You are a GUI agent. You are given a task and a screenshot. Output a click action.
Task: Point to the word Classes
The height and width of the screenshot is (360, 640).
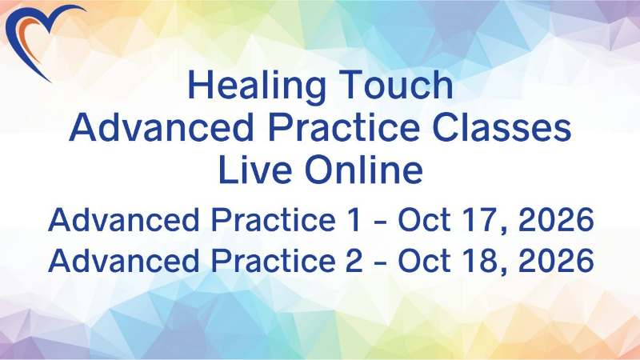pyautogui.click(x=502, y=127)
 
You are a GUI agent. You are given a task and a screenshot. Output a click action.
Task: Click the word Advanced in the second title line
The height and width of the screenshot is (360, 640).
pyautogui.click(x=162, y=127)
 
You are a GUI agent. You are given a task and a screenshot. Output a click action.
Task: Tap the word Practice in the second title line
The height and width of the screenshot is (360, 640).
pyautogui.click(x=344, y=127)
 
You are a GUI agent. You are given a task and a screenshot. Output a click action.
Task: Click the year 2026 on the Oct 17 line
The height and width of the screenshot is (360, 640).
pyautogui.click(x=556, y=219)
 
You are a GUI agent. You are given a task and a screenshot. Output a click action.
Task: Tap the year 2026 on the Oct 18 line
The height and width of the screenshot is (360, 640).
pyautogui.click(x=556, y=260)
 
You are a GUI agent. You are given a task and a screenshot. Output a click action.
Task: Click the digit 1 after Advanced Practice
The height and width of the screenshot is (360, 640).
pyautogui.click(x=354, y=219)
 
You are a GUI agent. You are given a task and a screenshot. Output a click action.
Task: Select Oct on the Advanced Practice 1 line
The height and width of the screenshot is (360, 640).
pyautogui.click(x=425, y=219)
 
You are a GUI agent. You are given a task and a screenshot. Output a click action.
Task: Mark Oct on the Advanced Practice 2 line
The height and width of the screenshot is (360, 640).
pyautogui.click(x=425, y=260)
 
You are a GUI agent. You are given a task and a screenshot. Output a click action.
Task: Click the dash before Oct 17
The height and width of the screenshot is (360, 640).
pyautogui.click(x=380, y=222)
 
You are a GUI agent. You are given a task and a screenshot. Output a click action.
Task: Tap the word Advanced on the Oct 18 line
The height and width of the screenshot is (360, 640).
pyautogui.click(x=124, y=260)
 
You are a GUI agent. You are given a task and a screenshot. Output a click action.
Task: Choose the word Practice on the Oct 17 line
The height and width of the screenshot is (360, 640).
pyautogui.click(x=273, y=219)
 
